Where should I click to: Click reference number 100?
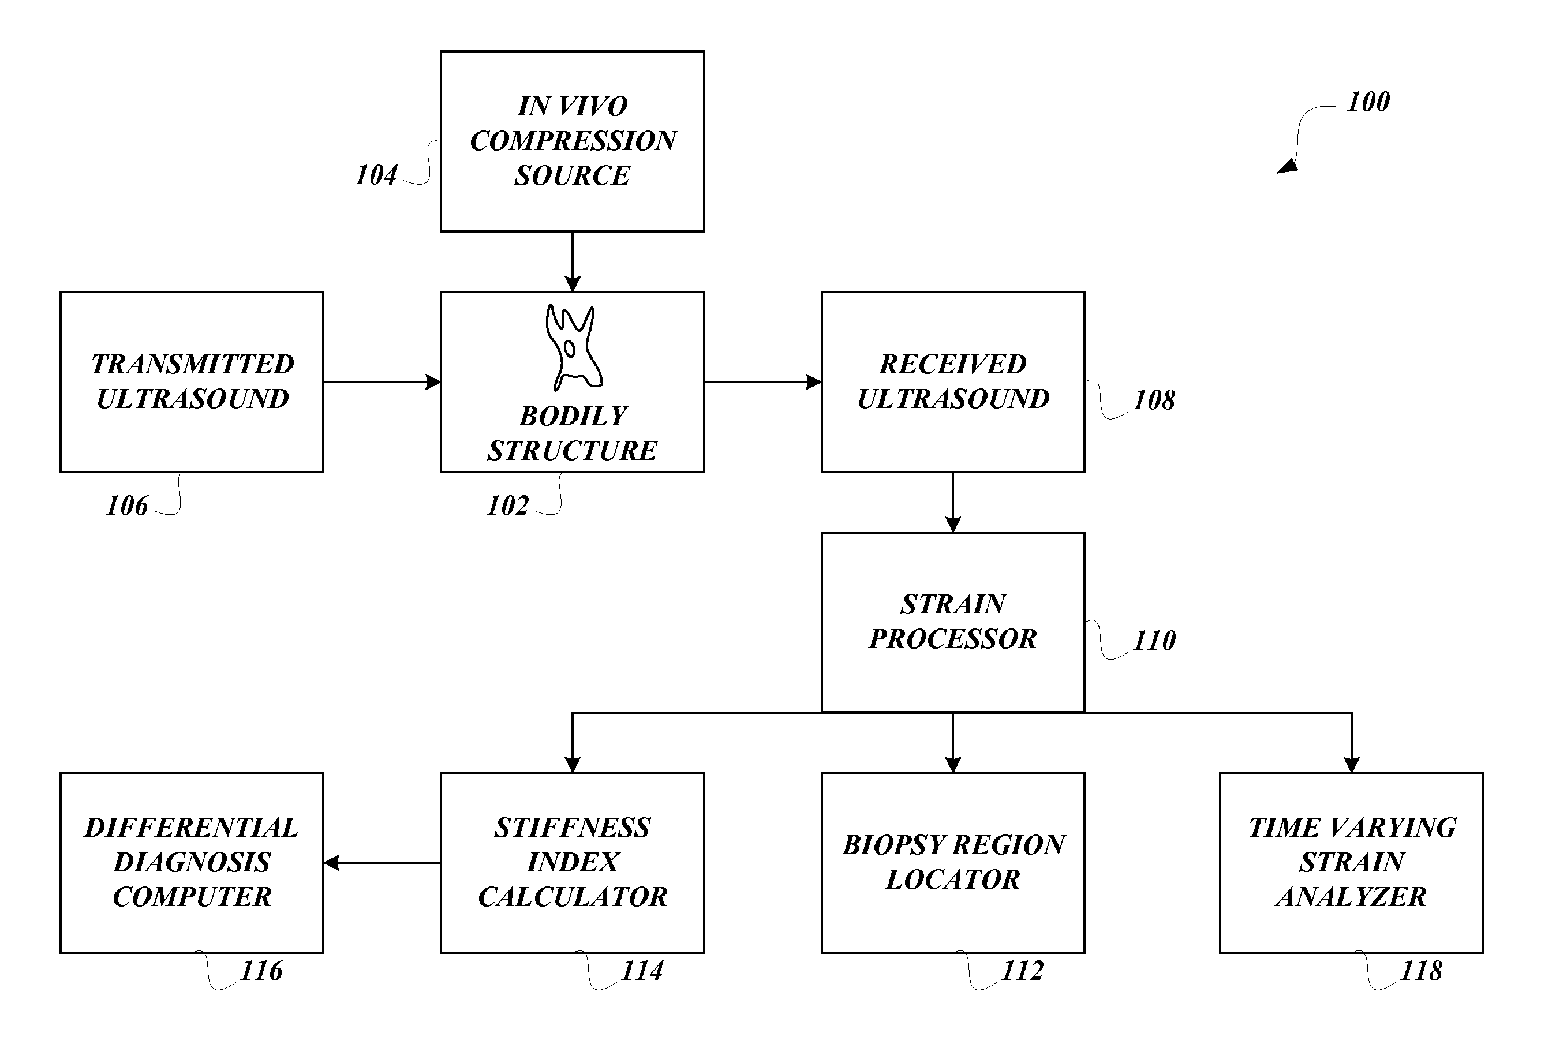1368,102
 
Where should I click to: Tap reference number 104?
376,175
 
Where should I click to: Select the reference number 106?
127,506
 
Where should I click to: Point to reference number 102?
507,506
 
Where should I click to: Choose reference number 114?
642,971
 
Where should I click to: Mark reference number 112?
1022,971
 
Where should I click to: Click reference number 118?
1421,971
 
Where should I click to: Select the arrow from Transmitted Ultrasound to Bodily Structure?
382,382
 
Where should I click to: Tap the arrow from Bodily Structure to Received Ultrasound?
762,382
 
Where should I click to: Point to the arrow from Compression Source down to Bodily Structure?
573,262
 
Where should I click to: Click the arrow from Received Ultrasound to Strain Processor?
953,502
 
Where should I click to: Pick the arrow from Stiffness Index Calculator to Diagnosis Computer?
382,863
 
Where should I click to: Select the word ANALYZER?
1352,896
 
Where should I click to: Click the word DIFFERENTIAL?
192,828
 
